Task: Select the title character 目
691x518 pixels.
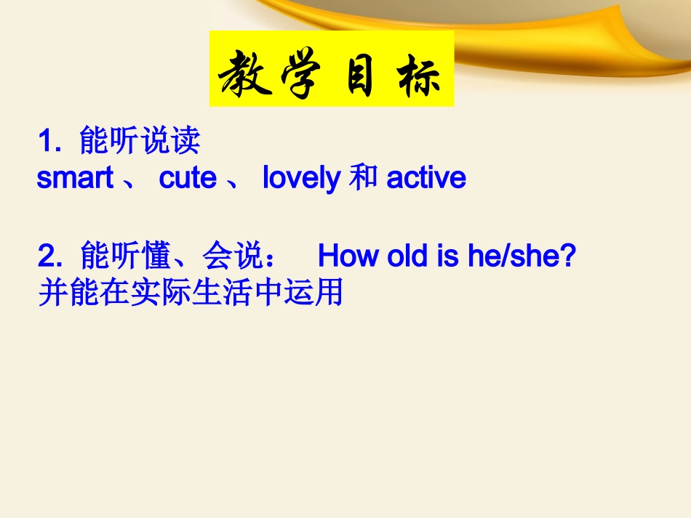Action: (359, 74)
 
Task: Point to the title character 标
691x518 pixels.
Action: (420, 74)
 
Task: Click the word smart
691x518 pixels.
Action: (75, 178)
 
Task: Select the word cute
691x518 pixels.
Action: (188, 178)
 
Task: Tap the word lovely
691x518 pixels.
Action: (301, 178)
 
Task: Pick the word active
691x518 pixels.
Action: (426, 178)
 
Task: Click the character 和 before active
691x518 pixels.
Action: (363, 178)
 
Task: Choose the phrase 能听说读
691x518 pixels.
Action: (140, 141)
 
